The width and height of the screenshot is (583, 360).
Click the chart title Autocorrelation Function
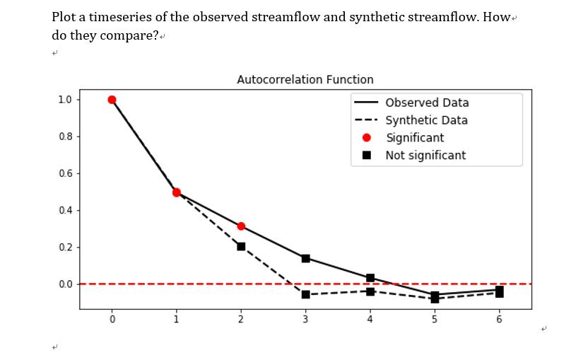tap(305, 80)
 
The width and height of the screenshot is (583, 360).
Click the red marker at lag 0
tap(112, 100)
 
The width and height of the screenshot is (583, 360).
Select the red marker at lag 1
tap(177, 192)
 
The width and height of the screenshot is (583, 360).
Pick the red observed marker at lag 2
tap(241, 226)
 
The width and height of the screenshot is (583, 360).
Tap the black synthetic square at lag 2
tap(241, 246)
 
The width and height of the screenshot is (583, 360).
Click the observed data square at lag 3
tap(305, 258)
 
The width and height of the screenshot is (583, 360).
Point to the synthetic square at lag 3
tap(305, 294)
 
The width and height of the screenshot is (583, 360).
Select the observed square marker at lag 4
tap(370, 278)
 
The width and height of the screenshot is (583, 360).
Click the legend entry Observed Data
tap(427, 103)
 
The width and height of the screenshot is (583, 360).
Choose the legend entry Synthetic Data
tap(426, 120)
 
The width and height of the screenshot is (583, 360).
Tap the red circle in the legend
tap(367, 138)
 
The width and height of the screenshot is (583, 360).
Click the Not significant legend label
tap(425, 155)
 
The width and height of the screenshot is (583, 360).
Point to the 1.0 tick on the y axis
tap(65, 100)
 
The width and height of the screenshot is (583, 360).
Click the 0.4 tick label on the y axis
tap(65, 210)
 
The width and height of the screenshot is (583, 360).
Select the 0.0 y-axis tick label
tap(65, 284)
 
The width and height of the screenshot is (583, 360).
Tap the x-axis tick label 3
tap(305, 320)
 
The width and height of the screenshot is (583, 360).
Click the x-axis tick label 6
tap(500, 320)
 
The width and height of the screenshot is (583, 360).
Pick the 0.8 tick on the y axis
tap(65, 136)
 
